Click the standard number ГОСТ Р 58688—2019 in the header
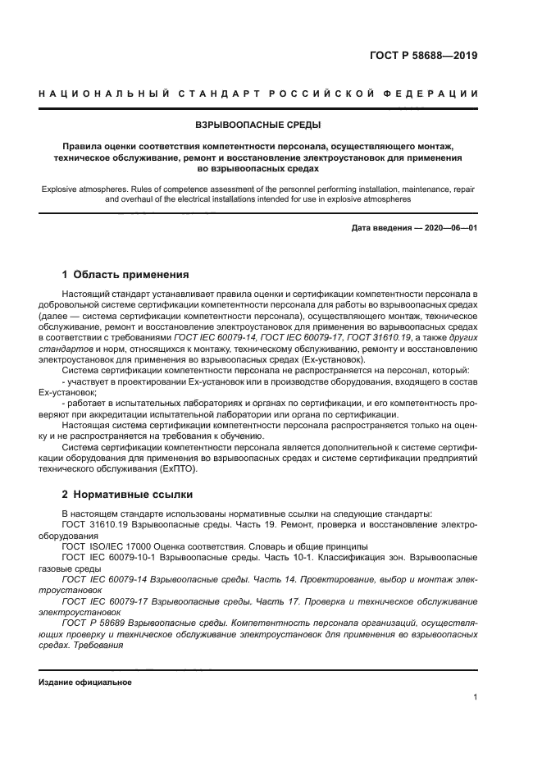click(x=423, y=57)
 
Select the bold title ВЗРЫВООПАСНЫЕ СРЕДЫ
click(x=257, y=126)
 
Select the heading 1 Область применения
click(x=125, y=274)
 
